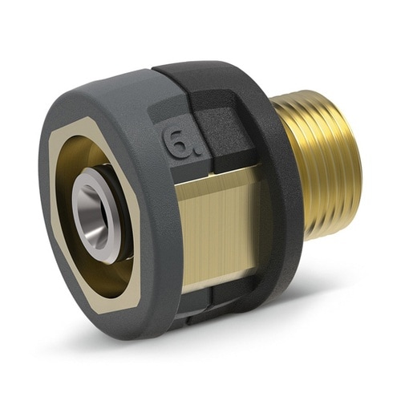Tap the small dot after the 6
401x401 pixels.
point(198,152)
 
